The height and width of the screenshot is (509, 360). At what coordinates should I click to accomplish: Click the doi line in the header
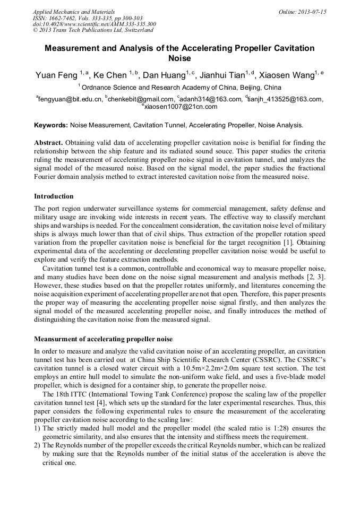pos(94,24)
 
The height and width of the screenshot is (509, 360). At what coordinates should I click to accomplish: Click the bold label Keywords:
pos(51,126)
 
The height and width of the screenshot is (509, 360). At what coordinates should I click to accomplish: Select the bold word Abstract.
pos(48,143)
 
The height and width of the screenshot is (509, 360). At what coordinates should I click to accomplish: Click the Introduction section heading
pos(54,196)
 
